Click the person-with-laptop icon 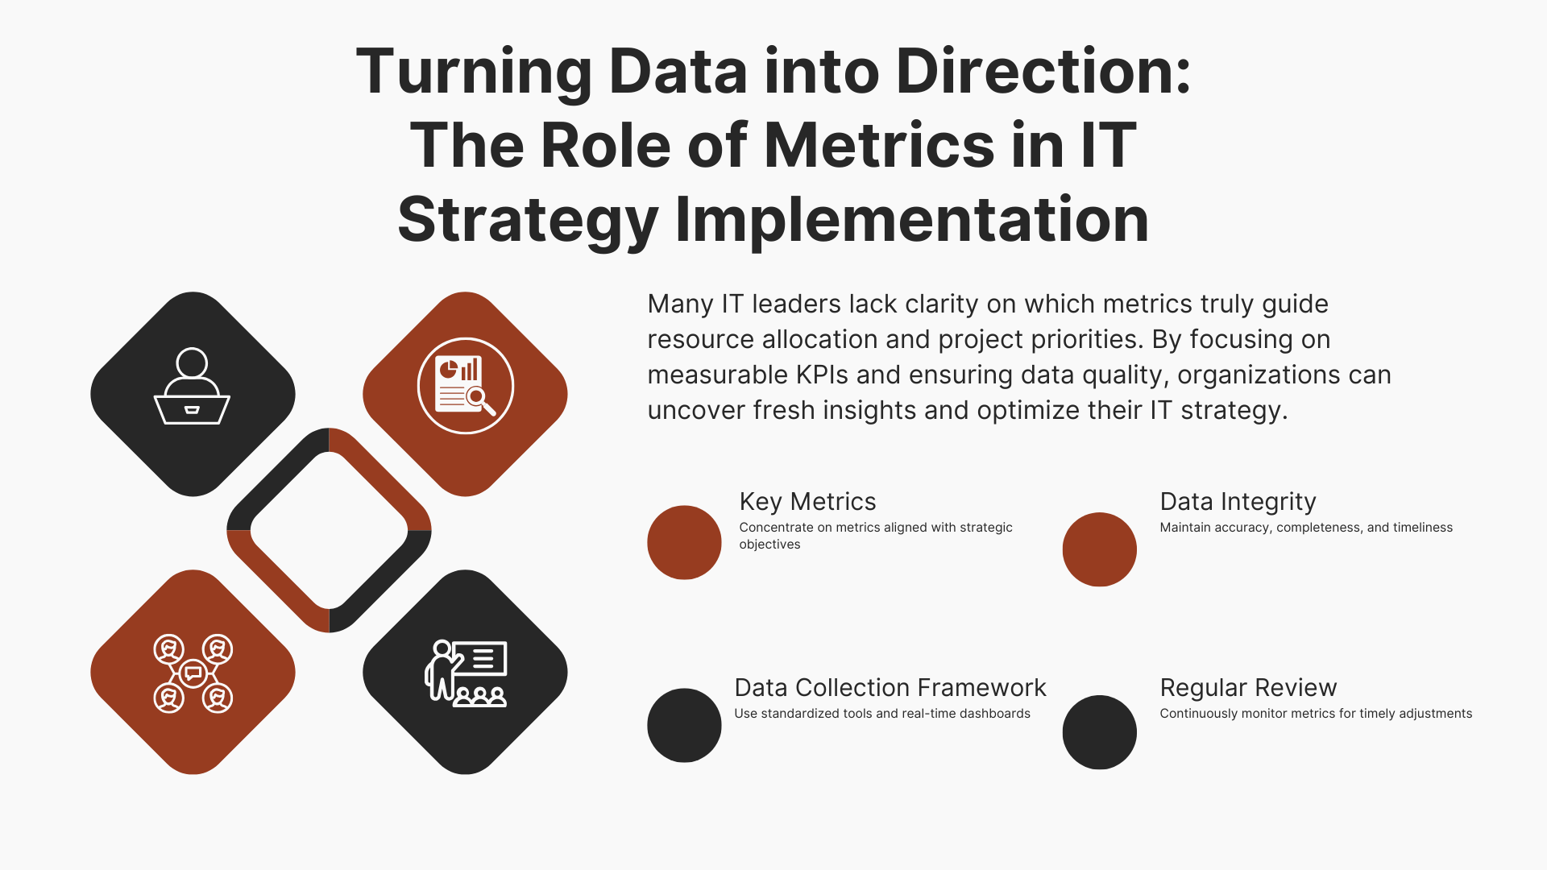pos(192,386)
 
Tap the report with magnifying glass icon pos(466,386)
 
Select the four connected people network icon pos(193,673)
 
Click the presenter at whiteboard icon pos(466,673)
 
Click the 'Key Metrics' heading pos(807,502)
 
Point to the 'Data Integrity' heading pos(1238,502)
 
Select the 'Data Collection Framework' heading pos(890,688)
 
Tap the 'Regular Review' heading pos(1248,688)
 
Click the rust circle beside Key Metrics pos(684,542)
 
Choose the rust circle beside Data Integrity pos(1100,549)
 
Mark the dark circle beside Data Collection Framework pos(684,725)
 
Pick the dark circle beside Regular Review pos(1100,732)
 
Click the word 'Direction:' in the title pos(1043,72)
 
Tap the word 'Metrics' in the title pos(878,146)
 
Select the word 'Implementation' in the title pos(911,219)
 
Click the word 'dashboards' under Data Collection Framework pos(993,714)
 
